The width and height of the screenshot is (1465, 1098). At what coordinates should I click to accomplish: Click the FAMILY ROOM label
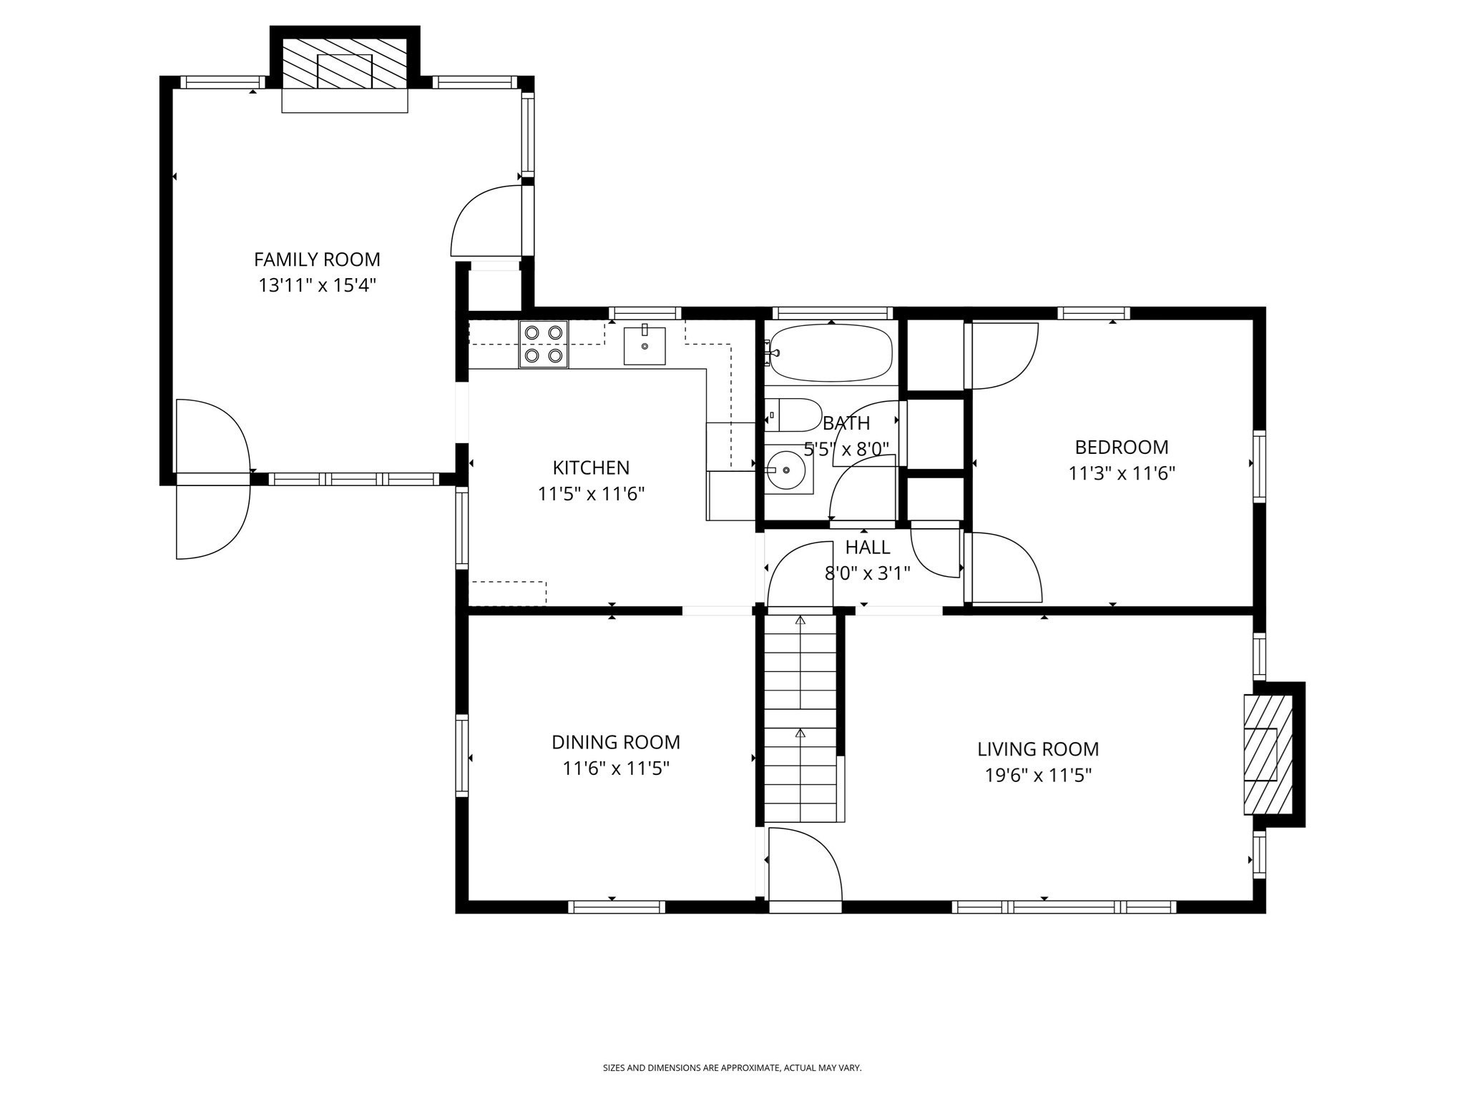317,259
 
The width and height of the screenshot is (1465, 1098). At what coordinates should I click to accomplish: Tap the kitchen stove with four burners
544,344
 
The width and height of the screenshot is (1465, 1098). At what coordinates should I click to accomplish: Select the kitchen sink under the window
644,346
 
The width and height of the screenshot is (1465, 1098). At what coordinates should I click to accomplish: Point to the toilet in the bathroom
794,415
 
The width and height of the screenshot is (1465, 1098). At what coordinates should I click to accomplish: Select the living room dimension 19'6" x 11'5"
1038,776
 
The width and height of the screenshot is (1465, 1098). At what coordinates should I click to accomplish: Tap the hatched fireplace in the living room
1268,755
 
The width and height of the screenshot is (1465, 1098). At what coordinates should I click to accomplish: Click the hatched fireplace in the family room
345,64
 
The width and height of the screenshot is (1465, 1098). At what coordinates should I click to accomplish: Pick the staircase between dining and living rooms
800,718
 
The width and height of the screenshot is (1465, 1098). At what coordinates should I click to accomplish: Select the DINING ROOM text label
615,742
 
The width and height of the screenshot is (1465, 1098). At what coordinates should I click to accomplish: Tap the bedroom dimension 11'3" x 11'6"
1122,473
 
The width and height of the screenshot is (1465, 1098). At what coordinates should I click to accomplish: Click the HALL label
868,548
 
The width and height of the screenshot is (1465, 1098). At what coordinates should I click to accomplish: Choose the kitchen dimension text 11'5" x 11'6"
591,494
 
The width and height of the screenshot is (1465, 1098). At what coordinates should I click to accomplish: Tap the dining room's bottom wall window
617,906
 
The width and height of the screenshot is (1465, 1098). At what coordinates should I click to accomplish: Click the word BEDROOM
1121,447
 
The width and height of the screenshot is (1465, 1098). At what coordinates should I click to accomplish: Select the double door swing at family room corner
212,479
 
